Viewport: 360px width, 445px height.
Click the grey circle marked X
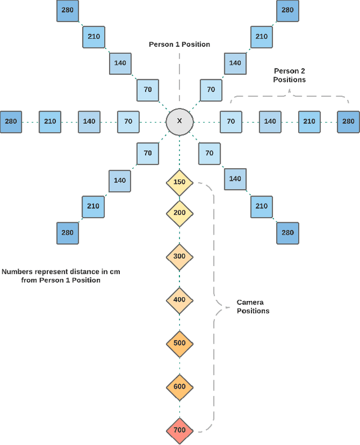[x=179, y=122]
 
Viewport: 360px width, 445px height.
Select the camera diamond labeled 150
[x=179, y=182]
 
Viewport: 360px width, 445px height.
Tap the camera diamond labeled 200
[x=179, y=213]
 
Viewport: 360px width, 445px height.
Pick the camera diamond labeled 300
[x=179, y=257]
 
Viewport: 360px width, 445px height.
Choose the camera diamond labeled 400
[x=179, y=300]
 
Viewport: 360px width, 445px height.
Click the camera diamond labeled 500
[x=179, y=343]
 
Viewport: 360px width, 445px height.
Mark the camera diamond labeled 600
[x=179, y=386]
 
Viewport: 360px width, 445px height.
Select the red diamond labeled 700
[x=179, y=430]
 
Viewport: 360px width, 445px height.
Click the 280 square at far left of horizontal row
[x=11, y=122]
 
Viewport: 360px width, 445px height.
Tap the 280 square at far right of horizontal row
[x=348, y=122]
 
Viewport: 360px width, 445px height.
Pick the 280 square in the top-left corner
[x=67, y=10]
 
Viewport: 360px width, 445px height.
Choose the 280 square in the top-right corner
[x=287, y=10]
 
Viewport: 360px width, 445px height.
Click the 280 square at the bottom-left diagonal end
[x=67, y=233]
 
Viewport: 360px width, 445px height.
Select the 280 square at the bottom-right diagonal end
[x=287, y=233]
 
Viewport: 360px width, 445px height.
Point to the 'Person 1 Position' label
[x=179, y=44]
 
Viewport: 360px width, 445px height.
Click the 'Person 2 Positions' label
[x=290, y=75]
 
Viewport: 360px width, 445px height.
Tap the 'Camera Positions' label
[x=253, y=307]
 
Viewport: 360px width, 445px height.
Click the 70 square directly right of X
[x=231, y=122]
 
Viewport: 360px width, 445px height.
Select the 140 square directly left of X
[x=89, y=122]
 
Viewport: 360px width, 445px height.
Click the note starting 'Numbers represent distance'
[x=61, y=276]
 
